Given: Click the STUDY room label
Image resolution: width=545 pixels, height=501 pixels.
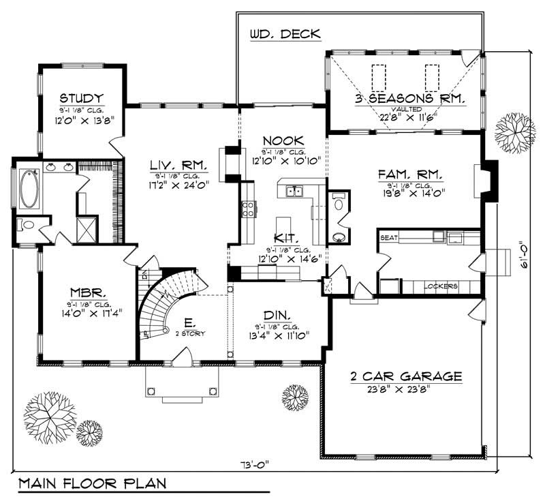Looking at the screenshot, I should (x=81, y=97).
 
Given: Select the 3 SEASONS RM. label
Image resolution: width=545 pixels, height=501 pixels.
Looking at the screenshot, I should (x=410, y=99).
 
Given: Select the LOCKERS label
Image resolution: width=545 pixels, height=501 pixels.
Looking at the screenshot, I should (x=441, y=286).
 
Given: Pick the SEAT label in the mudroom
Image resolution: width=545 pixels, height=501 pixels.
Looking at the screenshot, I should (x=389, y=238).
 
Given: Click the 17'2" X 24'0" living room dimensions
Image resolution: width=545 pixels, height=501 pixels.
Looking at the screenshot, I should (x=179, y=183).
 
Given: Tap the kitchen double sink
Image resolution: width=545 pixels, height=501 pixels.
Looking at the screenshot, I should (x=294, y=192).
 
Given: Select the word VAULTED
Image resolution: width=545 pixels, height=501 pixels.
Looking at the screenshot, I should (x=410, y=108).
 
